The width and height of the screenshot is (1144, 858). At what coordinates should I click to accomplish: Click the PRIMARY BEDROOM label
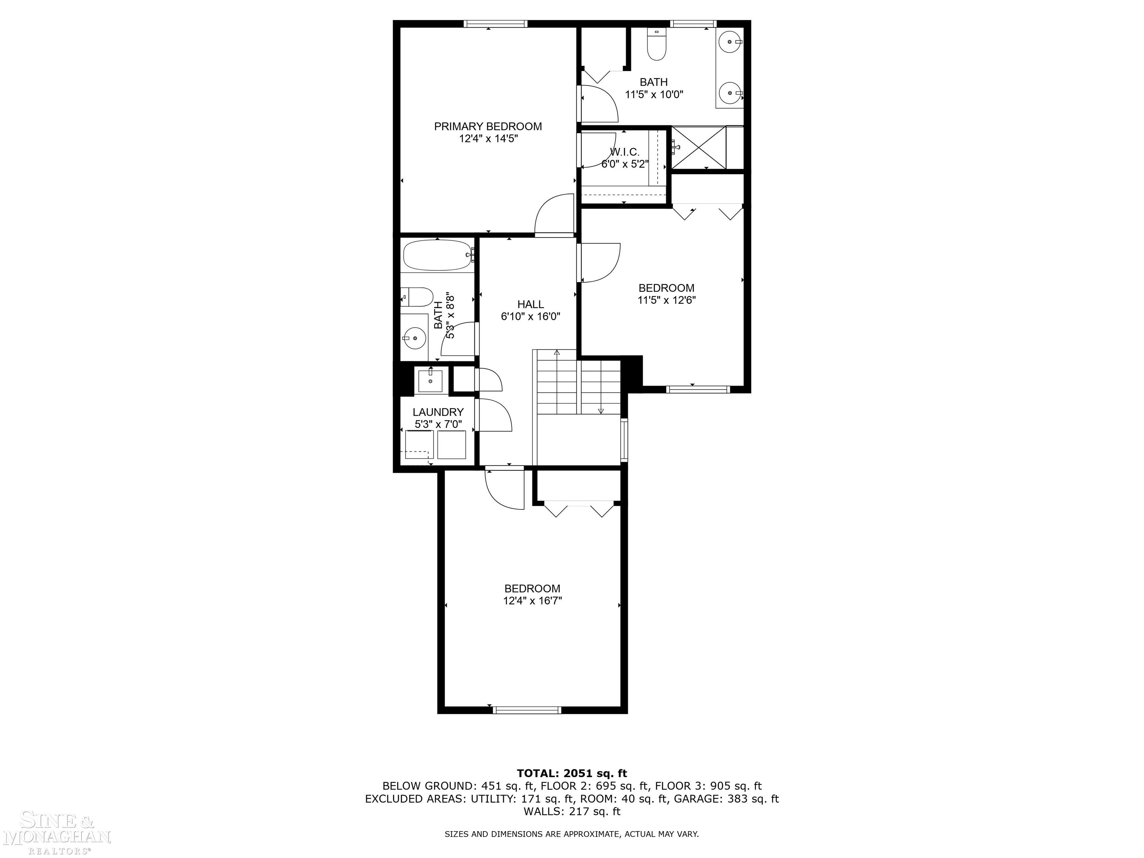click(488, 126)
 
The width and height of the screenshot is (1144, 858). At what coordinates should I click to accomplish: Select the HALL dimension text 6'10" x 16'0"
click(531, 317)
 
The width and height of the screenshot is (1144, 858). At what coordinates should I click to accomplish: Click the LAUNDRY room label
click(438, 412)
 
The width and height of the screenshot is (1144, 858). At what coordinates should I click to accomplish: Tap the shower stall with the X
click(698, 147)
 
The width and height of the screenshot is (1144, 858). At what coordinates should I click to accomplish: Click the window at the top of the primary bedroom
click(495, 23)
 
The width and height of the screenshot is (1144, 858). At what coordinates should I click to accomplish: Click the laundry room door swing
click(495, 415)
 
